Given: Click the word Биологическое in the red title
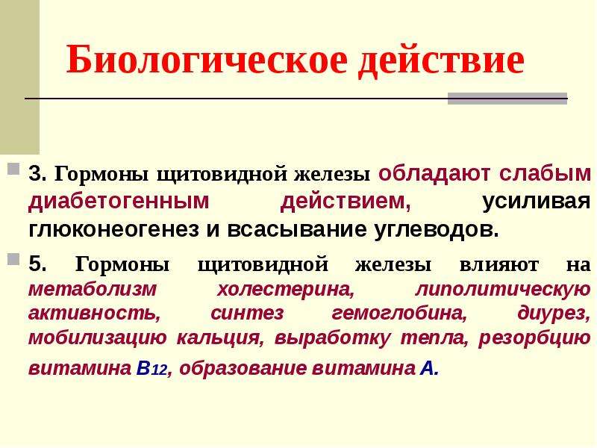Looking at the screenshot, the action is tap(207, 60).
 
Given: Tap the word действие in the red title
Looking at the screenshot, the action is tap(441, 61).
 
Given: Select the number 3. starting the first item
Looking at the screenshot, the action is tap(38, 174).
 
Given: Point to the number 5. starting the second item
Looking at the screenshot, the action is tap(38, 264).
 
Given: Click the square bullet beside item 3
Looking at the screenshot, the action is tap(13, 169).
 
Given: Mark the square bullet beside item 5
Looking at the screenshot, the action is tap(13, 259).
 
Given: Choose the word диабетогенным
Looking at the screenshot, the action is tap(119, 202).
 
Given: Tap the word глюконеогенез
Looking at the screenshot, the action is tap(114, 229).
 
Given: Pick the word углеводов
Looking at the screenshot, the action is tap(437, 230).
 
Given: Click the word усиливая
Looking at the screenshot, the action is tap(537, 202).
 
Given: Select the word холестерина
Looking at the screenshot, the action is tap(286, 290).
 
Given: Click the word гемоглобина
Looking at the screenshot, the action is tap(399, 314).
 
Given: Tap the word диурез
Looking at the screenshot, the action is tap(554, 314).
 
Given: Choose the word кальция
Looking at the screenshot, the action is tap(220, 338).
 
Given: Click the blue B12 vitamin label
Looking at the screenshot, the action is tap(151, 368).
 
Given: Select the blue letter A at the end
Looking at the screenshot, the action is tap(429, 368).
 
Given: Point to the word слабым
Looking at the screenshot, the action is tap(545, 174).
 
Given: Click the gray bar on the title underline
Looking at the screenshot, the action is tap(507, 99).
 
